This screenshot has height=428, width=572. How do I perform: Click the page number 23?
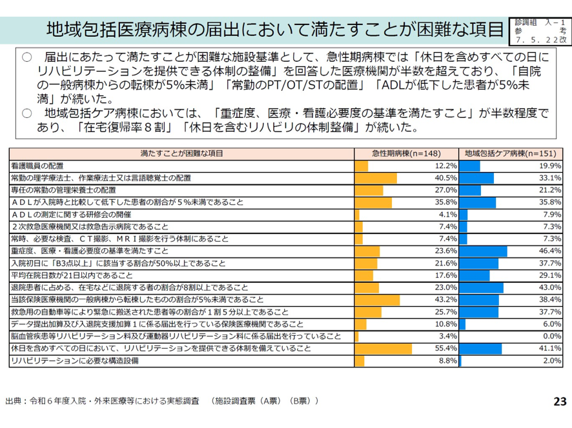(x=560, y=401)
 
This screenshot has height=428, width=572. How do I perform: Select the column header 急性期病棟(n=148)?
(x=407, y=153)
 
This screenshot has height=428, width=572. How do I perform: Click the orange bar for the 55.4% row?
(x=383, y=349)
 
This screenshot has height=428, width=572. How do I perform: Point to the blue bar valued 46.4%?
(x=484, y=251)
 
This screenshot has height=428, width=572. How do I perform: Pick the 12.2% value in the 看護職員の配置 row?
(x=446, y=166)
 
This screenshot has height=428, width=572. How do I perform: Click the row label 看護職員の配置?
(x=37, y=166)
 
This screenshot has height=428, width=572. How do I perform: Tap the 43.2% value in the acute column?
(x=446, y=300)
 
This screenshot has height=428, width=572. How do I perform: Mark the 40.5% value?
(x=446, y=178)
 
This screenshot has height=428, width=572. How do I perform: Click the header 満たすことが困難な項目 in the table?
(x=181, y=153)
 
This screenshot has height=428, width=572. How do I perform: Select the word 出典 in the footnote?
(x=13, y=401)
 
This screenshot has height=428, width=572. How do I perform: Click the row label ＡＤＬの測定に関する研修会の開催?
(x=71, y=215)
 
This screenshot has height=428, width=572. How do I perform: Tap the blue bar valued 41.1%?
(x=481, y=349)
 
